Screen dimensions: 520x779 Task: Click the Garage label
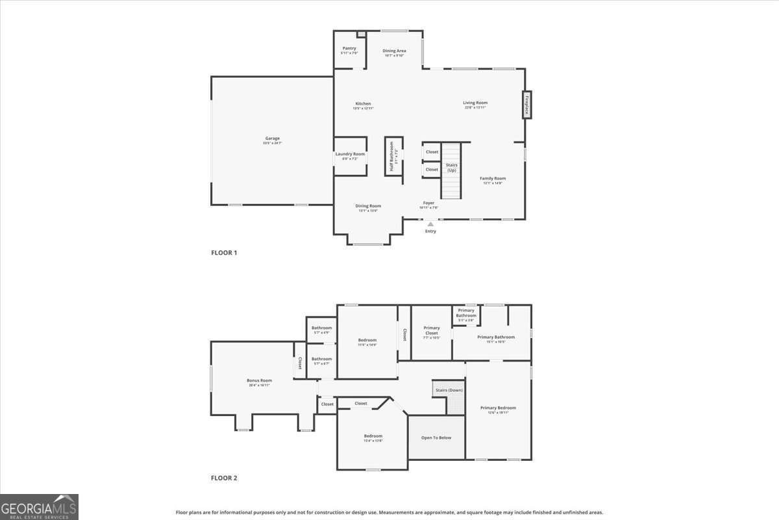pos(272,138)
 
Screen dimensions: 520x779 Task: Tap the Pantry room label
pos(349,49)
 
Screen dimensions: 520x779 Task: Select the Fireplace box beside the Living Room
pos(527,105)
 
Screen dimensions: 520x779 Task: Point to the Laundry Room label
pos(350,154)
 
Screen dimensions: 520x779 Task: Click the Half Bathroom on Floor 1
pos(393,155)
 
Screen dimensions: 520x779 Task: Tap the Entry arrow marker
pos(430,224)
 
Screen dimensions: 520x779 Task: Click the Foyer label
pos(428,203)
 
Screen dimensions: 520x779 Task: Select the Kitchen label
pos(363,104)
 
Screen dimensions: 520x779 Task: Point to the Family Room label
pos(493,179)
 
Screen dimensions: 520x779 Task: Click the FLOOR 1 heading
pos(224,252)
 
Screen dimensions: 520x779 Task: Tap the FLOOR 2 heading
pos(224,478)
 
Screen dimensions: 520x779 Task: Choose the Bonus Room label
pos(259,381)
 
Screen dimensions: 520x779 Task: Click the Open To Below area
pos(436,437)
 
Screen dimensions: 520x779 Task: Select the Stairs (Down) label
pos(449,390)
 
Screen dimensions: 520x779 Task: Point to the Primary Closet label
pos(432,331)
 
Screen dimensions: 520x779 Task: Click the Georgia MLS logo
pos(39,507)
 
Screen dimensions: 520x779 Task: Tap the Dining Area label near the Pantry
pos(394,51)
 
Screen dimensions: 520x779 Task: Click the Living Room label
pos(475,103)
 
